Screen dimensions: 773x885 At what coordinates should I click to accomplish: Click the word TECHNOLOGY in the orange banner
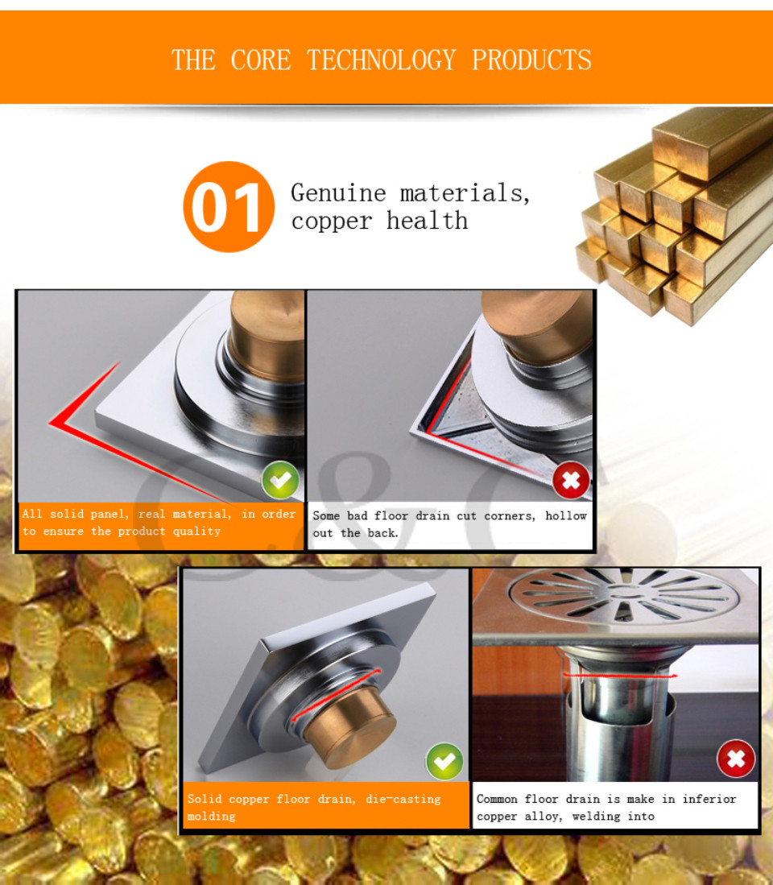click(382, 60)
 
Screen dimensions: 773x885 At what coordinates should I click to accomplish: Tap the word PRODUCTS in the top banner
click(531, 60)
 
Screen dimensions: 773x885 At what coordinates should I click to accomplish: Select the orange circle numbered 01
click(229, 207)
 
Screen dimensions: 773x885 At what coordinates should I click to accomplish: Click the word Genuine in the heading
click(338, 193)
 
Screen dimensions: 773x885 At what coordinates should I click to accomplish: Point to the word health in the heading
click(427, 221)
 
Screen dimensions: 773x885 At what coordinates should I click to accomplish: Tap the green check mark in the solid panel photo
click(280, 480)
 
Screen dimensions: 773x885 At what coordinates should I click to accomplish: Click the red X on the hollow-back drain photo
click(571, 480)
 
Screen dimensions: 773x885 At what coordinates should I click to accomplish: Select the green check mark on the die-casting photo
click(444, 762)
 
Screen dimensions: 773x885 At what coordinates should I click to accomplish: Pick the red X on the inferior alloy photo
click(736, 759)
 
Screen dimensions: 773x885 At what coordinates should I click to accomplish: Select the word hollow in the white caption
click(566, 515)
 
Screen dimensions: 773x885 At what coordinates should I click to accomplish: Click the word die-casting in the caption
click(403, 799)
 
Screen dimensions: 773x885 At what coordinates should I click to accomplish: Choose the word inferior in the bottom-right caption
click(709, 799)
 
